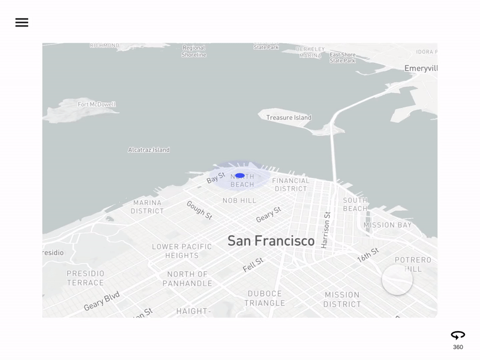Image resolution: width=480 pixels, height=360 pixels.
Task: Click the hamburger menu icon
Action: tap(22, 23)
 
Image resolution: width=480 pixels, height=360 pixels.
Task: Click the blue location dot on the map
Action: tap(240, 175)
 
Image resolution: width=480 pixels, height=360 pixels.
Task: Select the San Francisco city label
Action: tap(271, 241)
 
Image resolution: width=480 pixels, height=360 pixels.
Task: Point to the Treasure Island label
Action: tap(289, 118)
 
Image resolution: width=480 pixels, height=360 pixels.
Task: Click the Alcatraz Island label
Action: tap(149, 150)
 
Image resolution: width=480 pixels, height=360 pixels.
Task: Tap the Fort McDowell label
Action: tap(97, 104)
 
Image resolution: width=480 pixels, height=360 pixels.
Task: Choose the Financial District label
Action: tap(291, 184)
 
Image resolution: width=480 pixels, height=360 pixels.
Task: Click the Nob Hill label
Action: tap(239, 200)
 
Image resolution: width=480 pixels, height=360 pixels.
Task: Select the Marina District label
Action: tap(148, 207)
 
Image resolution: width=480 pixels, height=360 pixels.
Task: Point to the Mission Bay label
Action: tap(388, 225)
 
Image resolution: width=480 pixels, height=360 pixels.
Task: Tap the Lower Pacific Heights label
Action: tap(182, 251)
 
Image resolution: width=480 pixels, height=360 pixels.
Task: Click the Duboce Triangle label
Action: tap(265, 298)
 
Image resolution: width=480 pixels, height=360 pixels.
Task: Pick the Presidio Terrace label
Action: tap(85, 278)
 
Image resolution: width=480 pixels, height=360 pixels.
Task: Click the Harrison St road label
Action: tap(326, 230)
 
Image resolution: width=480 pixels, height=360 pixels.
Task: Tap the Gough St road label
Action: tap(199, 210)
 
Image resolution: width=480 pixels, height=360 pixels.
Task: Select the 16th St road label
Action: tap(368, 255)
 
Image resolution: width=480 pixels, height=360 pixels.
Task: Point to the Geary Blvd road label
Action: tap(102, 301)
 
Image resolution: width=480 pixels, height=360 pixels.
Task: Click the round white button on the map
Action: tap(397, 280)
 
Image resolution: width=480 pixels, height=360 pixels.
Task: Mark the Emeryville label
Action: tap(421, 68)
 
